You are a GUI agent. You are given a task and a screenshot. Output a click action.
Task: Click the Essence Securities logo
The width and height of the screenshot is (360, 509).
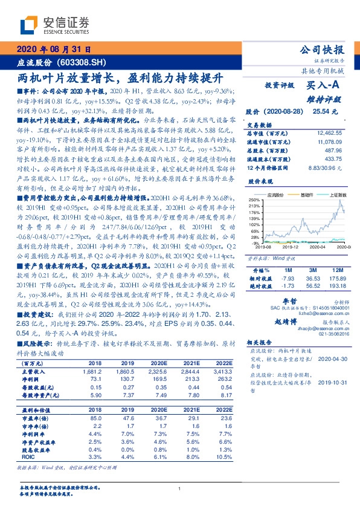(54, 24)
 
